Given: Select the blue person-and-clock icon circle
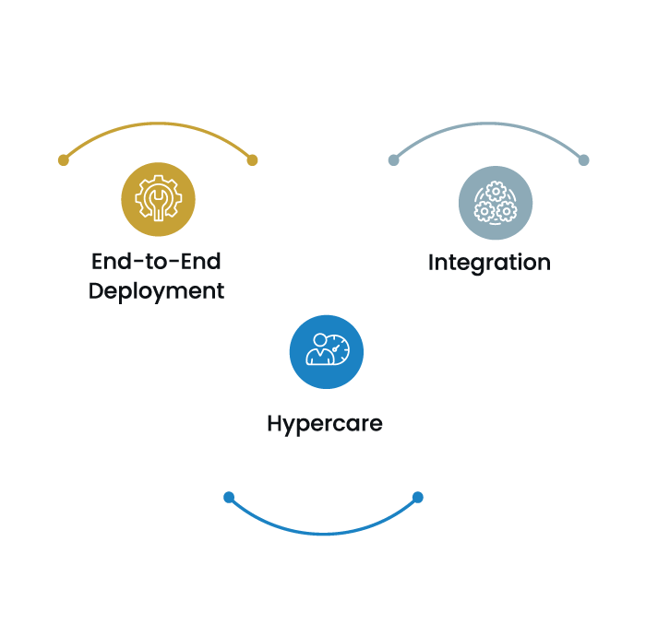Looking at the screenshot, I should click(x=327, y=352).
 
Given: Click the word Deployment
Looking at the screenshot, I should click(x=157, y=291).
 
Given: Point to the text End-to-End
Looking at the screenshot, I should click(x=157, y=261).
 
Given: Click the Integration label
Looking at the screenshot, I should click(x=489, y=263).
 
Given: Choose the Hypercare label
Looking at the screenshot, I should click(x=324, y=424).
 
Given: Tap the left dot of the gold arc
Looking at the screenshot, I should click(x=64, y=160).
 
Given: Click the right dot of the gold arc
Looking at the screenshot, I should click(x=252, y=160).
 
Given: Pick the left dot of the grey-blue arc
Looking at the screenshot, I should click(x=394, y=160).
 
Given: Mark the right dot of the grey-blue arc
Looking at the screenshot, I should click(x=583, y=160).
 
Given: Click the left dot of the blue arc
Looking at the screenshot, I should click(x=229, y=498).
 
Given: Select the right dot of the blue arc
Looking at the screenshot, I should click(x=418, y=498).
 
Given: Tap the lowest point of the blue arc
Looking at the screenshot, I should click(x=323, y=533).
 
